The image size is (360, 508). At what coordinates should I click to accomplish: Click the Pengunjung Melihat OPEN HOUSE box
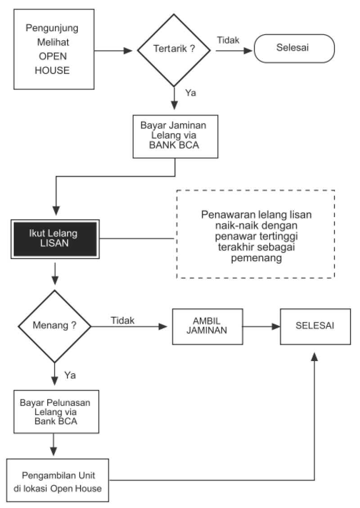coord(54,49)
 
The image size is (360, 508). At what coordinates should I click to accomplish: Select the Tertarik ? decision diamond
coord(174,50)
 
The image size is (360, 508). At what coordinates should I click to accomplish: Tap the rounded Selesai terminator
coord(294,48)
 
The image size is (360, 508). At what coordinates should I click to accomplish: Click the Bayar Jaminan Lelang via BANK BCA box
coord(175,136)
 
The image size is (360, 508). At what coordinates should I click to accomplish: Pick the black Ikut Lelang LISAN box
coord(55,239)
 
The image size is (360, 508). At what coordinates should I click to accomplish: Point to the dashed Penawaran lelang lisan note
coord(255,234)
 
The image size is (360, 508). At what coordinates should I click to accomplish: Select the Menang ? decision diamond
coord(55,326)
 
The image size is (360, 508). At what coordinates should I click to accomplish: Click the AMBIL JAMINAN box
coord(207,326)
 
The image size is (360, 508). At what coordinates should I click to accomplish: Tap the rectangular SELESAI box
coord(315,326)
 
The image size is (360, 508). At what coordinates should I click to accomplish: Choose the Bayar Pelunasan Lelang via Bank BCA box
coord(56,411)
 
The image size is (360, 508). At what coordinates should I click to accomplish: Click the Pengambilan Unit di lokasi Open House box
coord(58,480)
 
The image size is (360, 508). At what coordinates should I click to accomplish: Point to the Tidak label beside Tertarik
coord(228,40)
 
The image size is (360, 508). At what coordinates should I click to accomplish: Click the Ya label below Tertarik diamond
coord(191,93)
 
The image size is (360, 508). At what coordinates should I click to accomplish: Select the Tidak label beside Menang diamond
coord(122,321)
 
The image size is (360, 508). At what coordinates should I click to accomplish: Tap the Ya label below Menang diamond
coord(70,375)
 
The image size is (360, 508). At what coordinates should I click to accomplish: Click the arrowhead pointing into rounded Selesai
coord(248,50)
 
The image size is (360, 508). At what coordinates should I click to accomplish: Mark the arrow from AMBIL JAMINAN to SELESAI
coord(261,326)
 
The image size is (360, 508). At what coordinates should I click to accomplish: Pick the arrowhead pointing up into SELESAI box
coord(314,356)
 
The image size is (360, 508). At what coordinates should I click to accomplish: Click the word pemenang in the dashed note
coord(256,258)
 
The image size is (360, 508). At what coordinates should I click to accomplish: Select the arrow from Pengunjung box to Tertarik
coord(113,50)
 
